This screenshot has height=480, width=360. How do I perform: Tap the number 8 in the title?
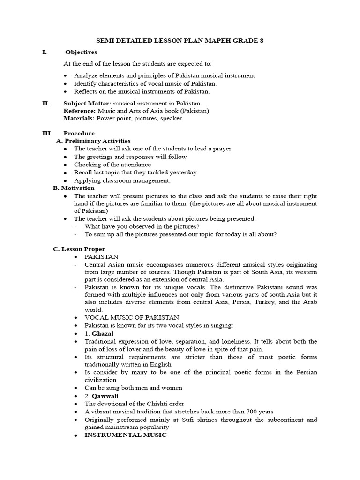click(262, 41)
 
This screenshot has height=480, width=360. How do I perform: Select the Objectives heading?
click(81, 52)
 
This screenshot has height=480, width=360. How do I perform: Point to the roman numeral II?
click(45, 103)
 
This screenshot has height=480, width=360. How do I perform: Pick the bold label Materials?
click(79, 118)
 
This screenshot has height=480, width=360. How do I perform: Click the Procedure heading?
click(79, 133)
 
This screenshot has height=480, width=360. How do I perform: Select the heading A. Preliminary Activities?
click(93, 141)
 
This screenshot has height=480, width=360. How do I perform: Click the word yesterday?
click(182, 172)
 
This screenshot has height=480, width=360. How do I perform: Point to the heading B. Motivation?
click(74, 188)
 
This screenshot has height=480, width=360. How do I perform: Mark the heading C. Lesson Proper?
click(79, 249)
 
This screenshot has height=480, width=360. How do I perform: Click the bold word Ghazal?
click(103, 333)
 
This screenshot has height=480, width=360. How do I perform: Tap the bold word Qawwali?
click(105, 396)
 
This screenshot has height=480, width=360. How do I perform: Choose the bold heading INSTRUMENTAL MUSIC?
click(125, 435)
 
